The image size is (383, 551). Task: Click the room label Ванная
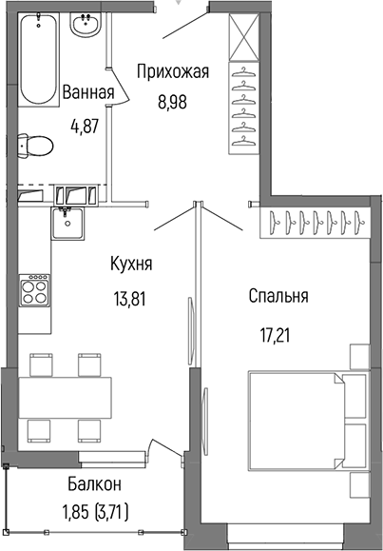pyautogui.click(x=88, y=93)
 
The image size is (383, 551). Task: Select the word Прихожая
pyautogui.click(x=172, y=70)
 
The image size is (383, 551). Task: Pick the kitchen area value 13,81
pyautogui.click(x=132, y=295)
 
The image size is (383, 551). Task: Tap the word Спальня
pyautogui.click(x=278, y=296)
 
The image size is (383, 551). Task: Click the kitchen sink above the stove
pyautogui.click(x=68, y=225)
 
